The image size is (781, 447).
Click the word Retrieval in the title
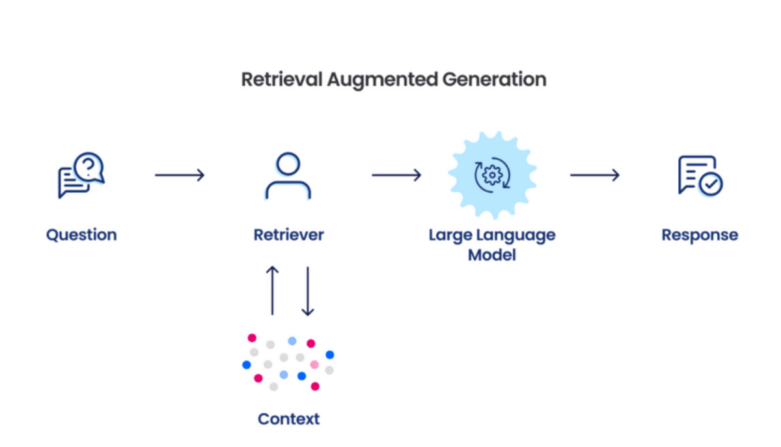coord(282,79)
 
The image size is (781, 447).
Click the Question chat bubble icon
coord(81,176)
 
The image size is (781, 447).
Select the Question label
coord(81,235)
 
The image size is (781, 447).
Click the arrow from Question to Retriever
coord(180,175)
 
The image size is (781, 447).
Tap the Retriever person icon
coord(288,176)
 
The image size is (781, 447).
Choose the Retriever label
coord(288,235)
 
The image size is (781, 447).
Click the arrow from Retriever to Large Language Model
coord(396,175)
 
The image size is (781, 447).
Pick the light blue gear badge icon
coord(492,175)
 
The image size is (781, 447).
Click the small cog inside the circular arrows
coord(493,175)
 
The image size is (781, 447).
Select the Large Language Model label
coord(492,244)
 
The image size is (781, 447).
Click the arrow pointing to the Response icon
coord(595,175)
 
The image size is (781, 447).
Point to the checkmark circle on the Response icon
coord(711,184)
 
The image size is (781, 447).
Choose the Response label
coord(700,235)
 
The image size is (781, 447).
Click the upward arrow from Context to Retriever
coord(273,291)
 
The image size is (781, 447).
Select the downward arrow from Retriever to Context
coord(308,291)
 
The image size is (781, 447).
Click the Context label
coord(288,418)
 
